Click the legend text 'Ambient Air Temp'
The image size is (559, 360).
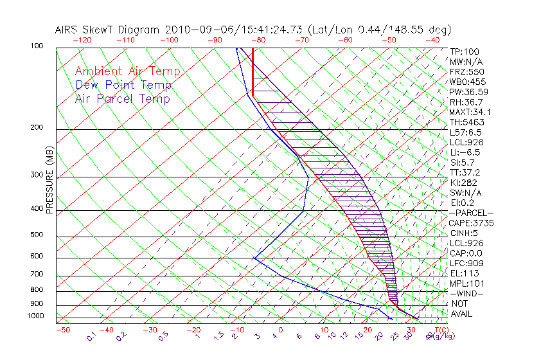coord(127,72)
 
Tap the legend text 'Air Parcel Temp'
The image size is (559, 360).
coord(122,99)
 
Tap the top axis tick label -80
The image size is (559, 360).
coord(258,39)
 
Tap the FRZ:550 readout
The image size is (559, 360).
coord(467,72)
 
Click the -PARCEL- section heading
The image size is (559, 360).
coord(471,213)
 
